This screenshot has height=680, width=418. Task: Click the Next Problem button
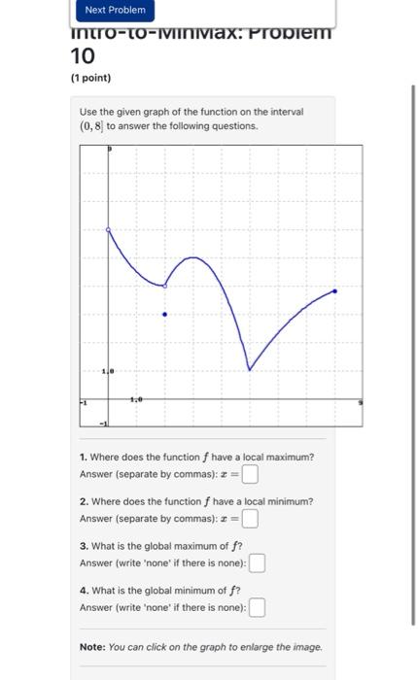coord(115,10)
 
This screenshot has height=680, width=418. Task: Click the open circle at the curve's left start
coord(108,230)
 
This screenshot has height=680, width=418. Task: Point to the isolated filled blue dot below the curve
coord(164,315)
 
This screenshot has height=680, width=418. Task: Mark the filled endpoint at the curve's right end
coord(335,290)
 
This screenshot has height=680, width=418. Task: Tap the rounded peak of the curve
coord(194,257)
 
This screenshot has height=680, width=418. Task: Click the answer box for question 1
coord(251,474)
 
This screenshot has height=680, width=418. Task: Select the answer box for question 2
coord(251,519)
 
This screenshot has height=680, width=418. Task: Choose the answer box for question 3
coord(258,563)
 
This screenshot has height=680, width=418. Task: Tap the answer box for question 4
coord(258,608)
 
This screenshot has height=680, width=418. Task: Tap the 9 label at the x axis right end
coord(360,401)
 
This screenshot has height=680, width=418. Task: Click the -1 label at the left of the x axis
coord(84,401)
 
